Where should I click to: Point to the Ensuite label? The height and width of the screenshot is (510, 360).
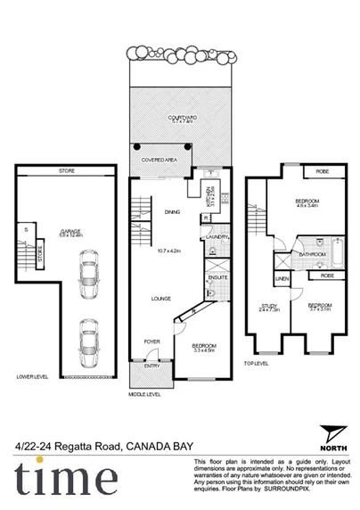coord(217,278)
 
